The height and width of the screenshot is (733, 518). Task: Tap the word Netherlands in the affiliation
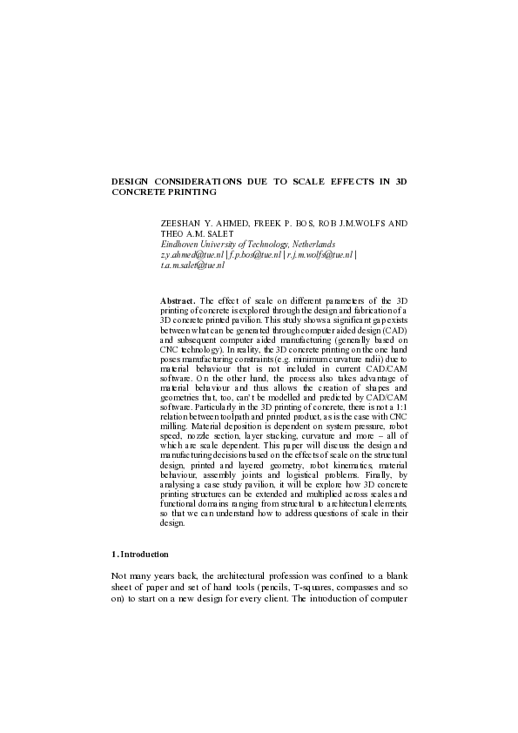(x=307, y=245)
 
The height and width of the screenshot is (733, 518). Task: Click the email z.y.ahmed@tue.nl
(x=192, y=255)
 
